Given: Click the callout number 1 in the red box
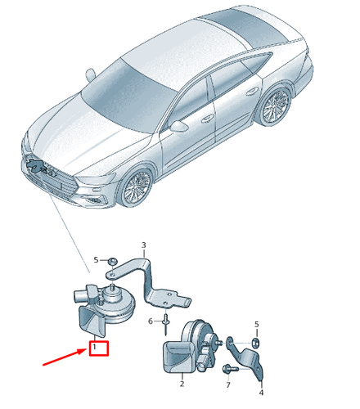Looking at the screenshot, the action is (94, 348).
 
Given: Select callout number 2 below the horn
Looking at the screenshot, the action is (182, 384).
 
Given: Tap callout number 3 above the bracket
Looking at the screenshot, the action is (144, 245).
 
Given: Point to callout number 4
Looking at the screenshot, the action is (261, 393).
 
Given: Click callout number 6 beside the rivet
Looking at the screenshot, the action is (151, 321).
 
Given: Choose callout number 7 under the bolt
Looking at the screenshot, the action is (228, 384).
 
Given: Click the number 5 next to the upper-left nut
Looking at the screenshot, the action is (96, 260).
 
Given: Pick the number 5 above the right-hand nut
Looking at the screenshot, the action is (257, 325).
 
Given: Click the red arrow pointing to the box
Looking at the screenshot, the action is (65, 357).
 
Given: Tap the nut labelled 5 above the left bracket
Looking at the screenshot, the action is (112, 261).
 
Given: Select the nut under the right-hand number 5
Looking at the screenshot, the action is (255, 342).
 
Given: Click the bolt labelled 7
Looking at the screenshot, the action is (230, 369).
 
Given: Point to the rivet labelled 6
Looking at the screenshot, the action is (165, 324).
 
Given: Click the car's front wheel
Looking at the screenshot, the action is (136, 187).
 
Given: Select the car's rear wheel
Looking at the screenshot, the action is (276, 105).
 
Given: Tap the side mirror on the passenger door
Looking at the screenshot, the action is (178, 126).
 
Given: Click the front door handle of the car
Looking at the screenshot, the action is (208, 119).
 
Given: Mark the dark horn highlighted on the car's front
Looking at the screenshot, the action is (34, 164).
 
